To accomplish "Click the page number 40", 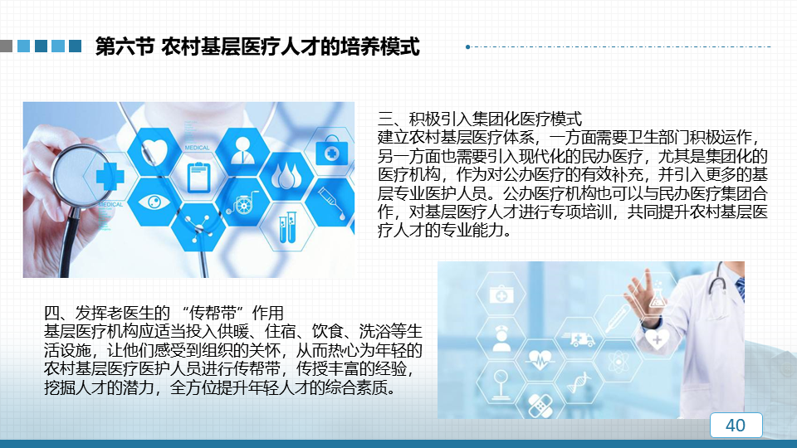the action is coord(736,425).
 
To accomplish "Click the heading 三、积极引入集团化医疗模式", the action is coord(479,119).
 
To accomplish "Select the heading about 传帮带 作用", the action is coord(164,313).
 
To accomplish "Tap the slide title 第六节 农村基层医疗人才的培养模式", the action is coord(257,46).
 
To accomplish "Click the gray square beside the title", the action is coord(6,46).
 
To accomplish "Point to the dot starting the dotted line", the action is coord(467,46).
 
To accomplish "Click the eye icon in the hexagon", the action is coord(154,202).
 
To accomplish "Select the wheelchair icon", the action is coord(242,202).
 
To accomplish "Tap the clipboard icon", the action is coord(198,178).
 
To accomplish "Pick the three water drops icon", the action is coord(287,175).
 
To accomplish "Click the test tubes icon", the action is coord(287,227).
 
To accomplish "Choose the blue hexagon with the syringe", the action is coord(330,202).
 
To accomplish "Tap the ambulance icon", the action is coord(579,338).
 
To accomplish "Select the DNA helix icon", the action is coord(579,382).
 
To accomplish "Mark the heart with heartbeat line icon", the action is coord(540,359).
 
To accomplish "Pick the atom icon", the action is coord(618,362).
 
